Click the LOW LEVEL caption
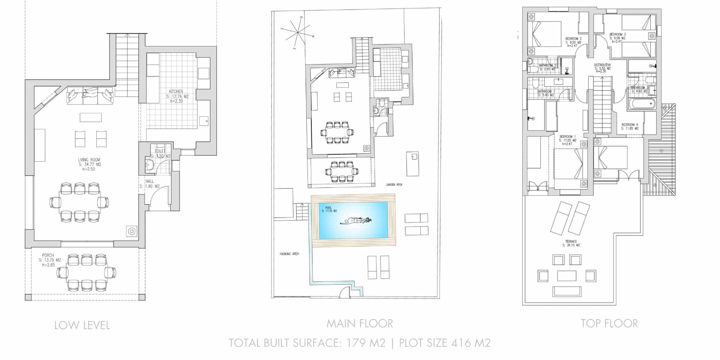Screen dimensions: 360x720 coord(82,325)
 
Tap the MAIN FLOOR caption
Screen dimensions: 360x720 coord(360,323)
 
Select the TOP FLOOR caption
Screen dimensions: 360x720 coord(609,323)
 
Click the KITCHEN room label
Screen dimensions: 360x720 coord(176,91)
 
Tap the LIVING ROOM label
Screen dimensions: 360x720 coord(89,160)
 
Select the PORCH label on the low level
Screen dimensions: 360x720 coord(48,255)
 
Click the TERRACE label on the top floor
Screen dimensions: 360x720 coord(571,241)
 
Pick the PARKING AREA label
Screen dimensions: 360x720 coord(289,254)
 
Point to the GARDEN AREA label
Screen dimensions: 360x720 coord(394,185)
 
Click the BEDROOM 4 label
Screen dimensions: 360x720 coord(630,124)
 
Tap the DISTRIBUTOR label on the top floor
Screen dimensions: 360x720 coord(602,65)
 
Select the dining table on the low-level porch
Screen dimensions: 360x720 coord(86,273)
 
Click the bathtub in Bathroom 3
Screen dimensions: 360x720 coord(642,103)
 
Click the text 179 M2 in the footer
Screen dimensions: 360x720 coord(366,343)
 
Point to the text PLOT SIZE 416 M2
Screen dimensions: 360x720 coord(445,343)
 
